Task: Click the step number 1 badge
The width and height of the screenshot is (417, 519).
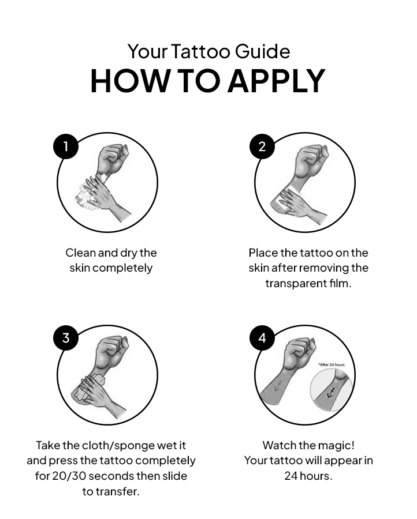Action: coord(65,146)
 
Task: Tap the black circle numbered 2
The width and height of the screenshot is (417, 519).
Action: coord(262,146)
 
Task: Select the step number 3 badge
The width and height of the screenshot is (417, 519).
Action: coord(65,338)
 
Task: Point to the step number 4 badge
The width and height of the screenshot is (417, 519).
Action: coord(262,338)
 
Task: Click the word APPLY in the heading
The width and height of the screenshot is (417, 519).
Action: coord(276,81)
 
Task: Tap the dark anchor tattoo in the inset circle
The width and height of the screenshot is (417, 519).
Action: coord(332,394)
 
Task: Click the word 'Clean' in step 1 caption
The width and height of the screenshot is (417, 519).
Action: coord(80,253)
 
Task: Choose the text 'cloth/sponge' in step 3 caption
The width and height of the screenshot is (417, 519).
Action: coord(122,446)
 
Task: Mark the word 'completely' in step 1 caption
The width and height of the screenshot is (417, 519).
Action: coord(122,268)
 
